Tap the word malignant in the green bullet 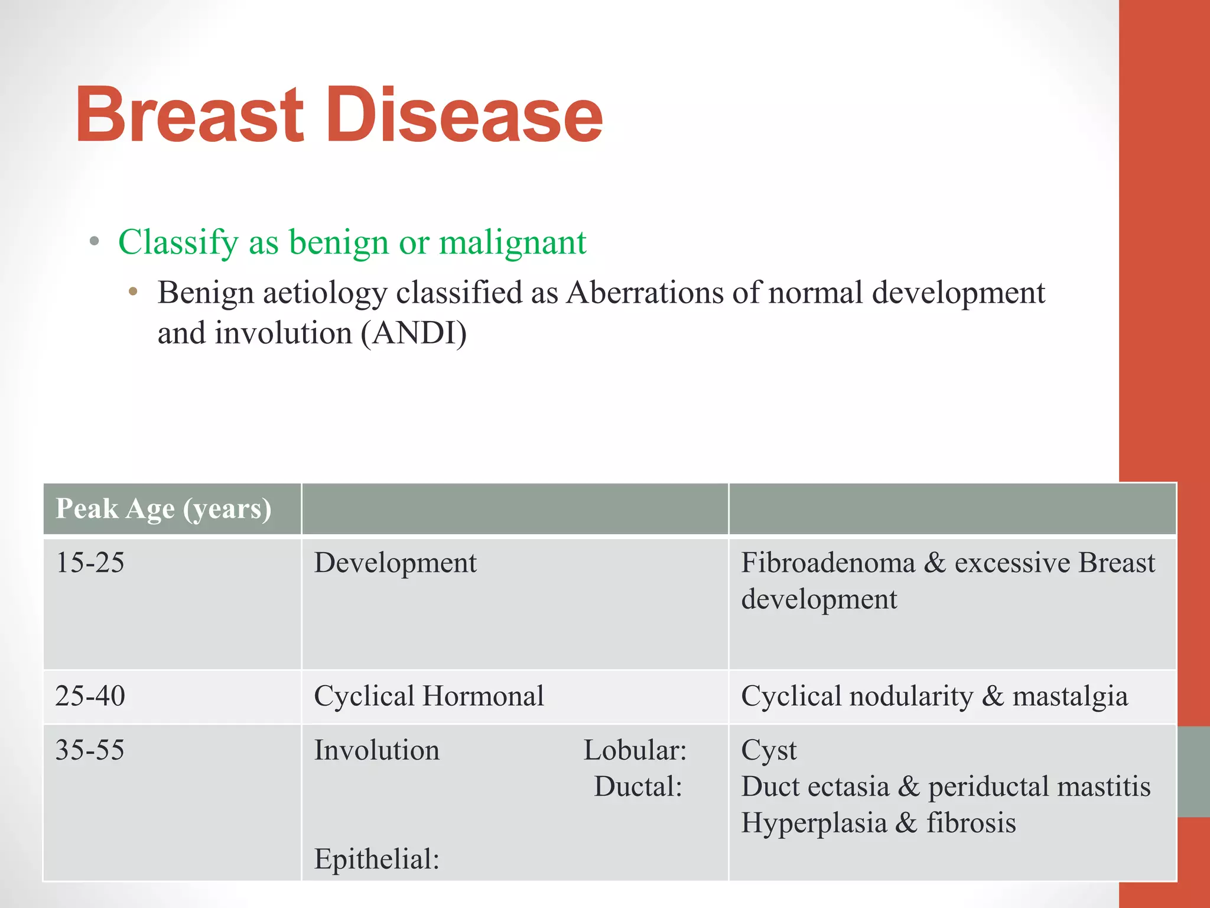point(512,242)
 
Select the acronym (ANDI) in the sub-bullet point(414,333)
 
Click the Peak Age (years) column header point(164,508)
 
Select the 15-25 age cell point(90,562)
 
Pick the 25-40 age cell point(90,696)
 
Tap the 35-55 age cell point(90,750)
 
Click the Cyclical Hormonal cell point(429,696)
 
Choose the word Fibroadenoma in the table point(828,562)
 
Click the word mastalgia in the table point(1070,696)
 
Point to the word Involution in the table point(376,750)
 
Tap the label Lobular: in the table point(635,750)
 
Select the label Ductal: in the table point(638,787)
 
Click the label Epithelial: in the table point(376,859)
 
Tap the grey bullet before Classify point(95,242)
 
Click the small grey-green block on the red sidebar point(1193,771)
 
